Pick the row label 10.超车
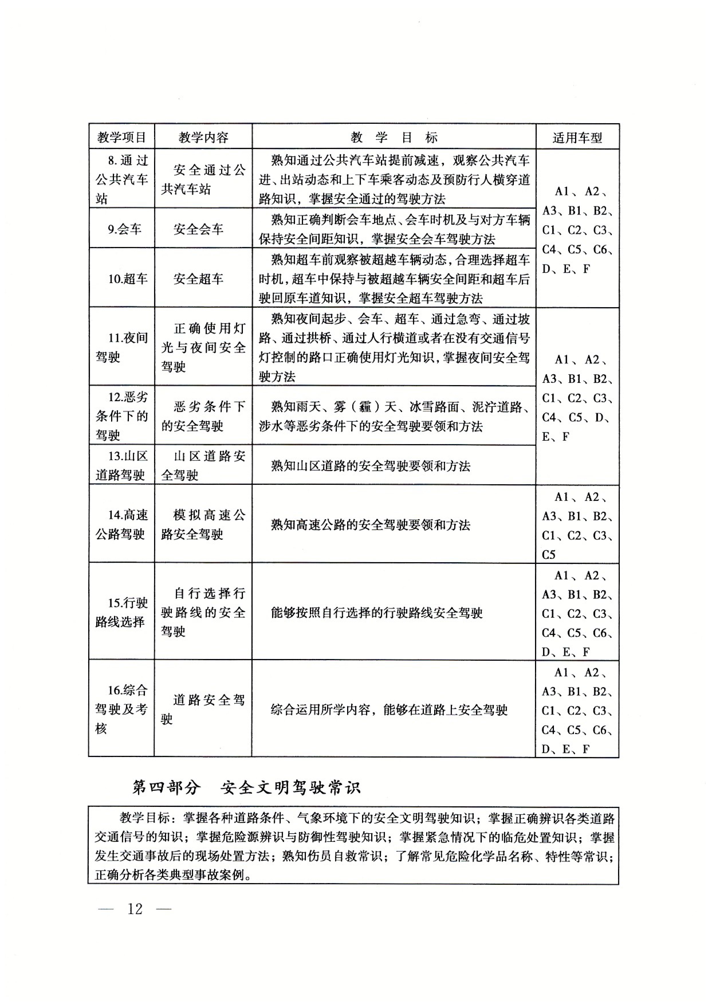128,279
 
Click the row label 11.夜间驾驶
121,347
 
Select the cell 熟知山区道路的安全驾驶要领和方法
370,466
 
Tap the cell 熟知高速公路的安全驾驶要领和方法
370,525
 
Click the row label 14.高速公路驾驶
121,524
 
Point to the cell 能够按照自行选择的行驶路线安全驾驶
376,613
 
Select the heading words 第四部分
167,788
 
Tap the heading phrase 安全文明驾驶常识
291,788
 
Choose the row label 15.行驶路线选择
121,612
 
